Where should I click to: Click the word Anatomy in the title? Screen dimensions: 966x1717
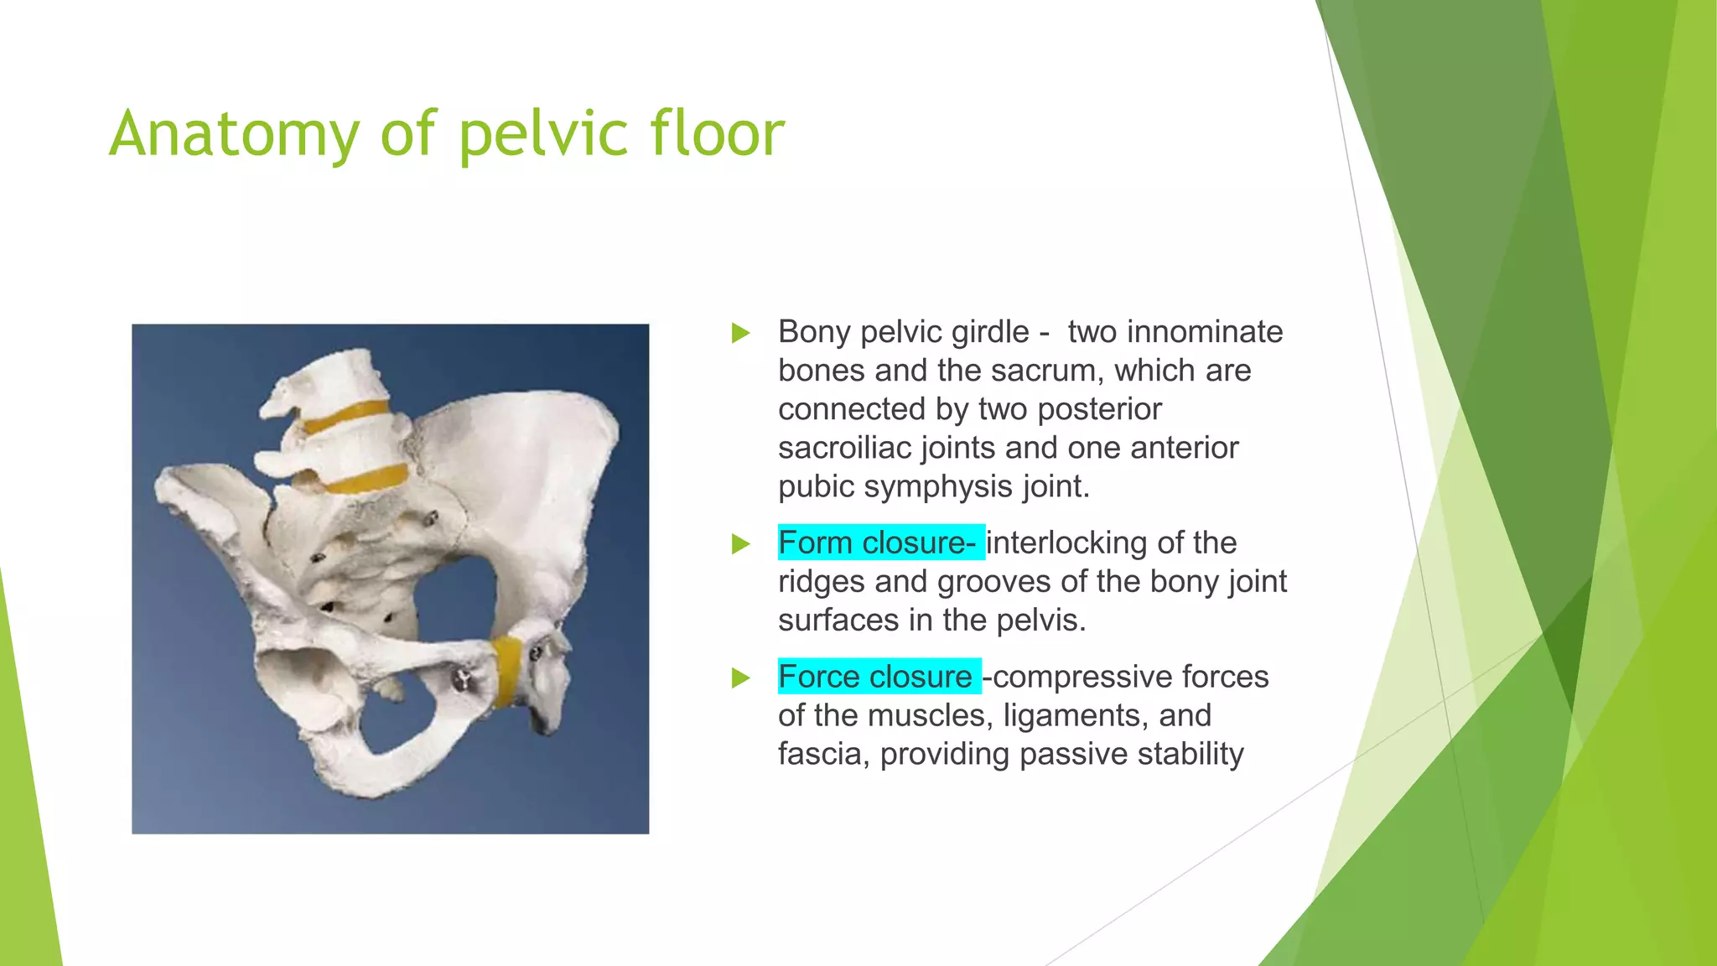click(234, 134)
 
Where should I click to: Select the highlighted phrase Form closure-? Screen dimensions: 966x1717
click(879, 543)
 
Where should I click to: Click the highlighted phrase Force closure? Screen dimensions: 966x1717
click(877, 677)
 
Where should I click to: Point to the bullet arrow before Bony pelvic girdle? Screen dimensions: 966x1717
click(740, 333)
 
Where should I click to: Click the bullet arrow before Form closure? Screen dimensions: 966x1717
click(740, 544)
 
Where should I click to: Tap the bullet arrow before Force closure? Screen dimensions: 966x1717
click(740, 678)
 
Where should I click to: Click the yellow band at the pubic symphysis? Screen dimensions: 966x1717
click(506, 670)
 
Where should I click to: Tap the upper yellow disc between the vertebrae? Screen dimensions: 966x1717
click(346, 416)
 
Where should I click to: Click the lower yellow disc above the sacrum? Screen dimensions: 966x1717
click(366, 480)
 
